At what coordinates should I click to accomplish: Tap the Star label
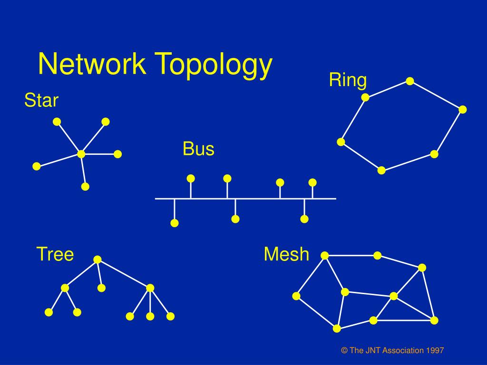click(x=41, y=101)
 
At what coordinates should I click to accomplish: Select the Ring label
click(x=348, y=80)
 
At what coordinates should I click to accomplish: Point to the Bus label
click(x=198, y=149)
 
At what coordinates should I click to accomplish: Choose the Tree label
click(x=55, y=254)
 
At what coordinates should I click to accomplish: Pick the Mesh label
click(x=286, y=254)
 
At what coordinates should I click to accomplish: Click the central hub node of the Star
click(x=81, y=154)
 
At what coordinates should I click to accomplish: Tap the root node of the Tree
click(x=97, y=259)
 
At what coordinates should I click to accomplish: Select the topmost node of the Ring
click(x=409, y=81)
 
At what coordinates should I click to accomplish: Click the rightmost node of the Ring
click(x=463, y=110)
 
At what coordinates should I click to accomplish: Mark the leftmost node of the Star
click(x=37, y=166)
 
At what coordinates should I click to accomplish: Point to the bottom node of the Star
click(x=85, y=186)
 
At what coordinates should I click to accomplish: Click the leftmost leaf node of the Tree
click(x=49, y=312)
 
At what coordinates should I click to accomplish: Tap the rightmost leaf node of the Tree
click(x=171, y=316)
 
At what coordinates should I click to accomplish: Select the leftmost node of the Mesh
click(x=296, y=296)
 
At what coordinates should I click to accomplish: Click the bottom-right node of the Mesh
click(x=434, y=320)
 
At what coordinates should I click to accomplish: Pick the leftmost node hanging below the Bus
click(x=175, y=223)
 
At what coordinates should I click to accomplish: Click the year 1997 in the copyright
click(x=435, y=351)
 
